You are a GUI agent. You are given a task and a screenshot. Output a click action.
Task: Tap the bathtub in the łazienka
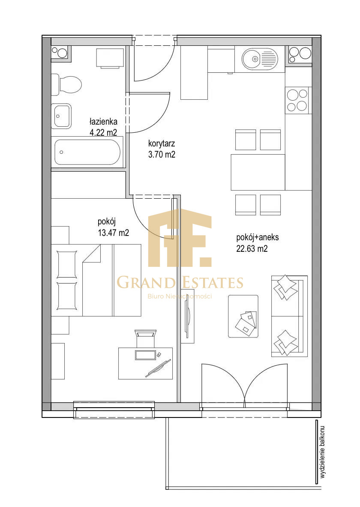tap(87, 152)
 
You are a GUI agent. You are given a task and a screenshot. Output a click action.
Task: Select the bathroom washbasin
tap(61, 116)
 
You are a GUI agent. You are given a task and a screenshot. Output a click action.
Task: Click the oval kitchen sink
tap(260, 59)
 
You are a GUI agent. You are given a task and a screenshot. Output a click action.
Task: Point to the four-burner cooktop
tap(297, 100)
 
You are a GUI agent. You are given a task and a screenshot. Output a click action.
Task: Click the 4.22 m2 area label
tap(103, 132)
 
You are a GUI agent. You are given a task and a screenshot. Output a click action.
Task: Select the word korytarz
tap(162, 143)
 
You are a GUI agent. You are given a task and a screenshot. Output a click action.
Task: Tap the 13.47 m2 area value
tap(113, 233)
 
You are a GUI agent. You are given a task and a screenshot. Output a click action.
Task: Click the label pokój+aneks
tap(258, 237)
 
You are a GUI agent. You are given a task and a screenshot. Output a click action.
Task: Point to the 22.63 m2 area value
tap(252, 249)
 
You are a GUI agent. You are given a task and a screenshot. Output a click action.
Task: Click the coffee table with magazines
tap(243, 316)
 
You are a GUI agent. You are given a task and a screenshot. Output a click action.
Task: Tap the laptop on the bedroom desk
tap(145, 355)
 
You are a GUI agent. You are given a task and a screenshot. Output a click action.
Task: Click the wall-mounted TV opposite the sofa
tap(187, 316)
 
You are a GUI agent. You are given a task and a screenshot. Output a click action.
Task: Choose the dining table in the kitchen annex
tap(258, 172)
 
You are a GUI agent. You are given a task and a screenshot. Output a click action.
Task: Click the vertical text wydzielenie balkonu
tap(322, 452)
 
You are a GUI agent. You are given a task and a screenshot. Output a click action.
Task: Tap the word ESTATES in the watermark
tap(211, 282)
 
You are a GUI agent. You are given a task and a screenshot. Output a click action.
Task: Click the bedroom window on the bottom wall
tap(114, 409)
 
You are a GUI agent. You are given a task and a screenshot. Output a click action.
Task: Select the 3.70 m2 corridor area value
tap(162, 155)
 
